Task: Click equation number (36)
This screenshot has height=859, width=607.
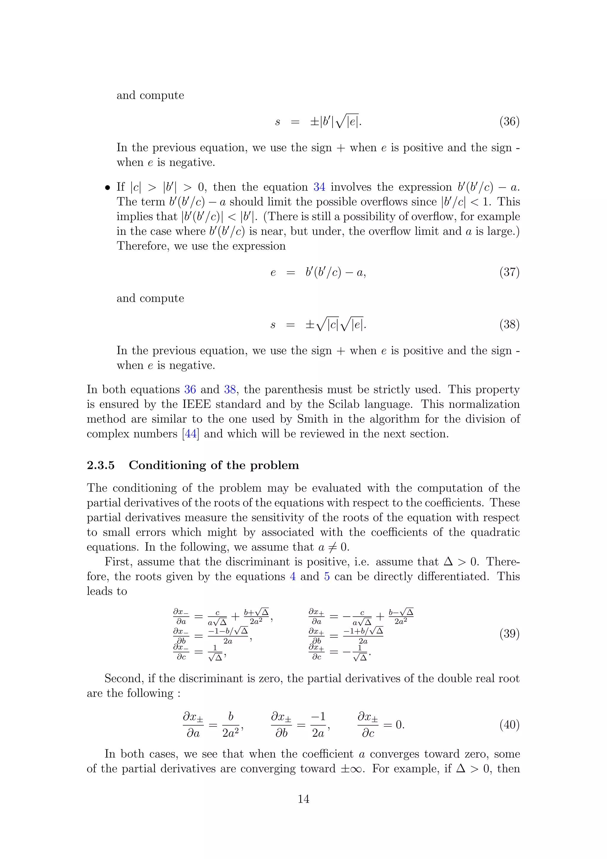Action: [x=509, y=122]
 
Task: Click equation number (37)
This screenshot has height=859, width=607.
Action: [x=509, y=272]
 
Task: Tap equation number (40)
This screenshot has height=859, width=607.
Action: [x=509, y=725]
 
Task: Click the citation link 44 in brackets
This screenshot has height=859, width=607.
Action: [x=191, y=434]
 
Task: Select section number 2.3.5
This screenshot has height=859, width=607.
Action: [x=100, y=465]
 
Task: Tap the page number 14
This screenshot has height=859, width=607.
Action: [x=303, y=799]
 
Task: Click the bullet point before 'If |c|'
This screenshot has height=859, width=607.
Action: [x=108, y=187]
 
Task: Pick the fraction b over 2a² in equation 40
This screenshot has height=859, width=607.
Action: [x=231, y=725]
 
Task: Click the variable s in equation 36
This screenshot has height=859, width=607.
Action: [x=277, y=122]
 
